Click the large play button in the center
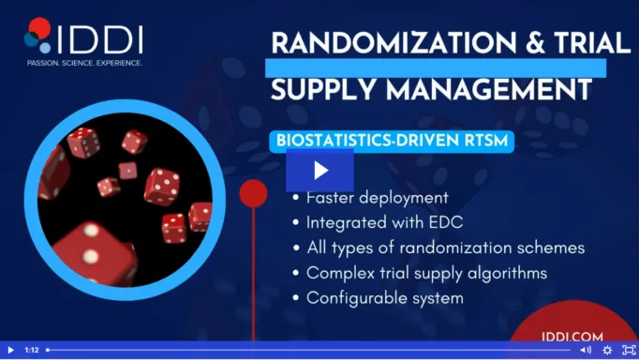[319, 171]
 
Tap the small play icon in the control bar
[11, 351]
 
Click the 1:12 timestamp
[32, 351]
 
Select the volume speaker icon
[586, 351]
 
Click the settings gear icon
[607, 351]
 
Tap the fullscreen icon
[630, 351]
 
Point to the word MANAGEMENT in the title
[489, 89]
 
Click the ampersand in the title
[535, 43]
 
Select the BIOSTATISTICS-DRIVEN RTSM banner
[392, 141]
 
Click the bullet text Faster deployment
[378, 198]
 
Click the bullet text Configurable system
[385, 298]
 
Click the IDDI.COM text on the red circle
[572, 337]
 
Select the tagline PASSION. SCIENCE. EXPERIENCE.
[84, 63]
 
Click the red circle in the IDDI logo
[40, 28]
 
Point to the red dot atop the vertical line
[254, 193]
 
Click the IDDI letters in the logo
[100, 40]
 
